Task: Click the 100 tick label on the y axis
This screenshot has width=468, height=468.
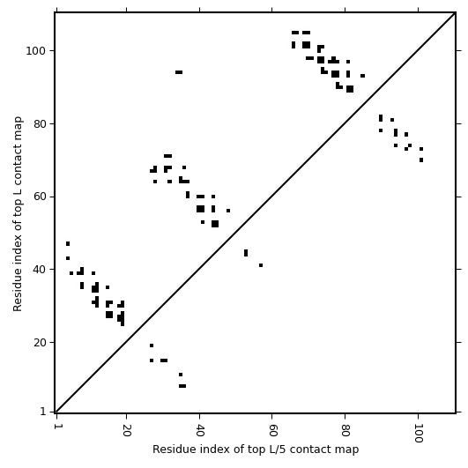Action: pyautogui.click(x=35, y=51)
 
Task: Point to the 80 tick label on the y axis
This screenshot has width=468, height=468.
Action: pyautogui.click(x=39, y=124)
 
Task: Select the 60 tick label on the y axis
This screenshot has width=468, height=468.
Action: pyautogui.click(x=39, y=197)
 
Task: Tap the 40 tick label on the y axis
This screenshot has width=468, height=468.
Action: pyautogui.click(x=39, y=270)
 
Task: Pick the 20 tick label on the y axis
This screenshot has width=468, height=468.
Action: pyautogui.click(x=39, y=343)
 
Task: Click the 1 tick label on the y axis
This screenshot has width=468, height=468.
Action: pyautogui.click(x=43, y=412)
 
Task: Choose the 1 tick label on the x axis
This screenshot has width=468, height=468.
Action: pyautogui.click(x=56, y=426)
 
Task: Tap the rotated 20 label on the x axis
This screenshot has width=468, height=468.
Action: pyautogui.click(x=127, y=430)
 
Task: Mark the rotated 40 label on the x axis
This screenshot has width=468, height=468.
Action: pyautogui.click(x=200, y=430)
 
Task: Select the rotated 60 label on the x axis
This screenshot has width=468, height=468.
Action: pyautogui.click(x=272, y=430)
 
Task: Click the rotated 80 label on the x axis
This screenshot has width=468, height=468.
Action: pyautogui.click(x=345, y=430)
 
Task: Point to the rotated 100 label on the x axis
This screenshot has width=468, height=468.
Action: pyautogui.click(x=419, y=433)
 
